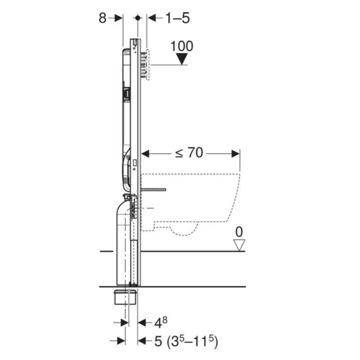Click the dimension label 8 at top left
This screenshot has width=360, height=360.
pos(103,18)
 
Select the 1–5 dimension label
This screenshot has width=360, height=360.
pos(178,18)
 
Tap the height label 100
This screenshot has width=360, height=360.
pos(182,46)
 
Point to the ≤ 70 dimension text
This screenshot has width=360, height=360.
pos(189,153)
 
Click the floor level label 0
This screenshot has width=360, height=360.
pos(239,232)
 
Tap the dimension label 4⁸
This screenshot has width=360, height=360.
pos(161,323)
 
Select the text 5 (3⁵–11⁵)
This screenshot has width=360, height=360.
pos(186,341)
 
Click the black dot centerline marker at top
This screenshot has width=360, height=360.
pos(138,18)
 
